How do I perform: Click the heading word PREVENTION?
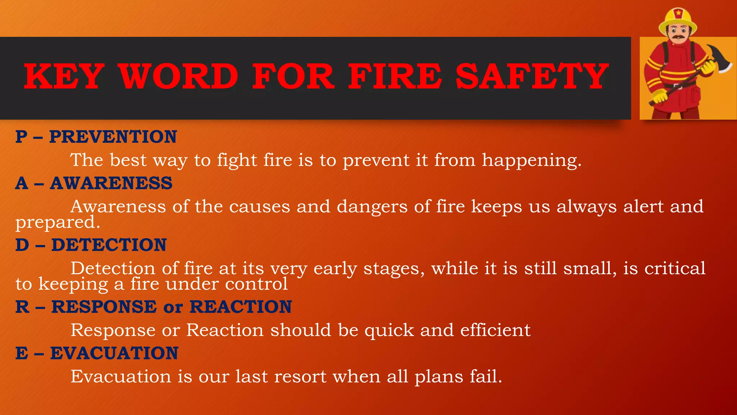113,137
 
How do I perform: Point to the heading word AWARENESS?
111,183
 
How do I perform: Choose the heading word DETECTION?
109,245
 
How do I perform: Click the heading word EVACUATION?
114,353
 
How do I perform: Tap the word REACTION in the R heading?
240,307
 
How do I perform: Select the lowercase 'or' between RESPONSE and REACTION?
173,308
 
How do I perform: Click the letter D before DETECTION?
22,245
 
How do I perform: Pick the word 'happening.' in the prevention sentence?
532,161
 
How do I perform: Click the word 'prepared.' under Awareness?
58,223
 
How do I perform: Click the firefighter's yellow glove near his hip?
660,97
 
